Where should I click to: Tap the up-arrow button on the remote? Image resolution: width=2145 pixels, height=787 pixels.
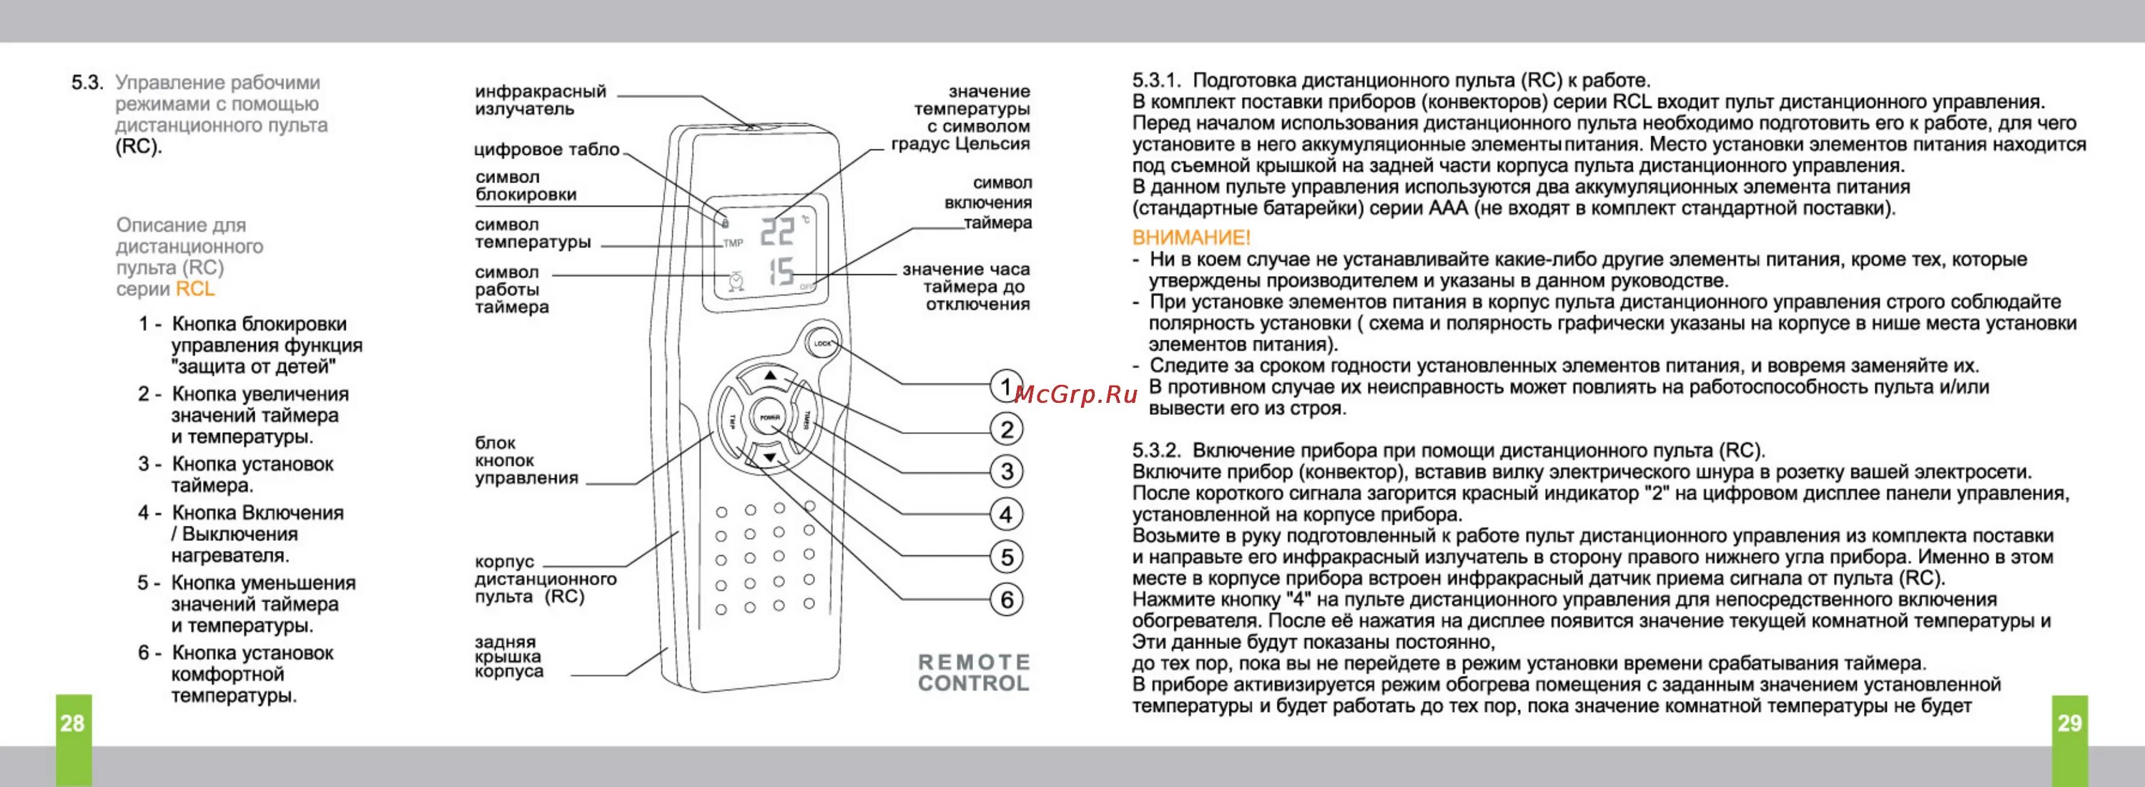(x=770, y=377)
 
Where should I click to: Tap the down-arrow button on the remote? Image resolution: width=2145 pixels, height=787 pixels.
(x=770, y=457)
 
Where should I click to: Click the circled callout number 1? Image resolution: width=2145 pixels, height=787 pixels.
(x=1006, y=386)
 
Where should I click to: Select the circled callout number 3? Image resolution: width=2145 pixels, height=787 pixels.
(x=1006, y=471)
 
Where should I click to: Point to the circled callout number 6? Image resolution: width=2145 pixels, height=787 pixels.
(x=1006, y=600)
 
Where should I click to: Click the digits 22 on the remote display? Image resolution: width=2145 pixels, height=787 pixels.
(x=777, y=232)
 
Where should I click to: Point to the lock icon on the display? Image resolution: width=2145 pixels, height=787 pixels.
(x=725, y=223)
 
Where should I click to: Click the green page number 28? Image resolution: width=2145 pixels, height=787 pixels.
(x=72, y=723)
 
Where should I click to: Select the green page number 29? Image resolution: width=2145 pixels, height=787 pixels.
(x=2069, y=723)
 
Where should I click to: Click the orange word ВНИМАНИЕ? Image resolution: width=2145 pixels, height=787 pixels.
(x=1190, y=238)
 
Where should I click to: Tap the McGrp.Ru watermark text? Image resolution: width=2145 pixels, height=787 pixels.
(x=1076, y=394)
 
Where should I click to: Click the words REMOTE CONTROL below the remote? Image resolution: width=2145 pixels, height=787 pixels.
(x=973, y=673)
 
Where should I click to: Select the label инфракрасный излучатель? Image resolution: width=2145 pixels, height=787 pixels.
(x=541, y=100)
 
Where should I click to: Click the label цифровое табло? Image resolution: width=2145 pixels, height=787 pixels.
(x=546, y=150)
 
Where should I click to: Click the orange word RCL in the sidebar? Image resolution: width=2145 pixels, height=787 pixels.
(x=195, y=289)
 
